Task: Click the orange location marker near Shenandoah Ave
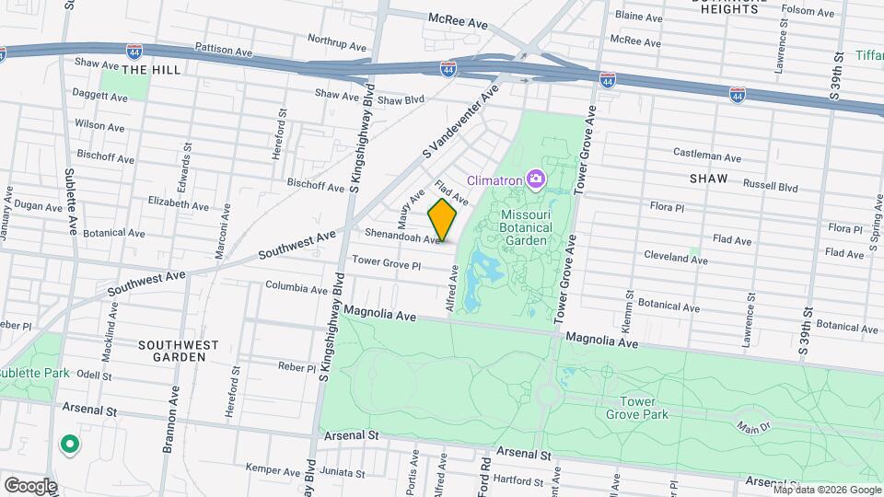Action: (443, 220)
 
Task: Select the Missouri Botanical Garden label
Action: (526, 227)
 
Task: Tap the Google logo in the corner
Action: (29, 485)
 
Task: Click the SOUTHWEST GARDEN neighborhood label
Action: (178, 351)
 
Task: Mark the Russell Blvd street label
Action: (770, 186)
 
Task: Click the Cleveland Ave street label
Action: (675, 258)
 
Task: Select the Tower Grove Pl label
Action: (386, 264)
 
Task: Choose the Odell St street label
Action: (94, 376)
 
